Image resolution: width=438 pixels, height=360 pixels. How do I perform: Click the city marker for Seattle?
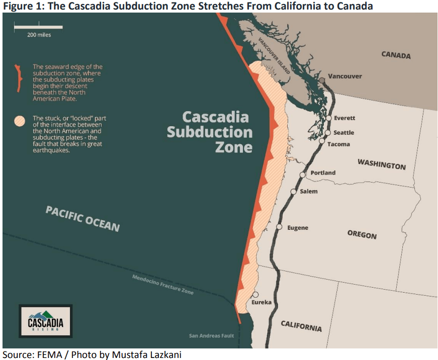[328, 133]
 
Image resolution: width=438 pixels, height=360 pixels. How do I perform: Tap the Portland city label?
[323, 173]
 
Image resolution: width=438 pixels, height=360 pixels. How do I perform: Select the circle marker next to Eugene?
[279, 227]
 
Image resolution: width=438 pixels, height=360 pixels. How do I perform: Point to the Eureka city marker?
[255, 295]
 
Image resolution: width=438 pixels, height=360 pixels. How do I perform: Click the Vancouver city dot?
[322, 80]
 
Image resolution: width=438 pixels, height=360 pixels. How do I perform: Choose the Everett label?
[344, 118]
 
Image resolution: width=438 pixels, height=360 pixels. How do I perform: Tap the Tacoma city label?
[338, 144]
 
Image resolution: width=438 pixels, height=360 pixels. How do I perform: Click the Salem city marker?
[294, 192]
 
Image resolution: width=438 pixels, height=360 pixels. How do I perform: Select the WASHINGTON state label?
[381, 164]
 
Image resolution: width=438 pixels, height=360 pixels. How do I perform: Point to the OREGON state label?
[362, 235]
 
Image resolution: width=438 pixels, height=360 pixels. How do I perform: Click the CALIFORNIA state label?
[301, 325]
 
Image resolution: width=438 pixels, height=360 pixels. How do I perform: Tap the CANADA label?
[396, 55]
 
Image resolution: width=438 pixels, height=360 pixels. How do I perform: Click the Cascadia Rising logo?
[45, 320]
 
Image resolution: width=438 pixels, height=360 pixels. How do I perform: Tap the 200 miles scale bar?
[38, 26]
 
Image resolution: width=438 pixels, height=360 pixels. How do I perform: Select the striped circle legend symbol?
[20, 121]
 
